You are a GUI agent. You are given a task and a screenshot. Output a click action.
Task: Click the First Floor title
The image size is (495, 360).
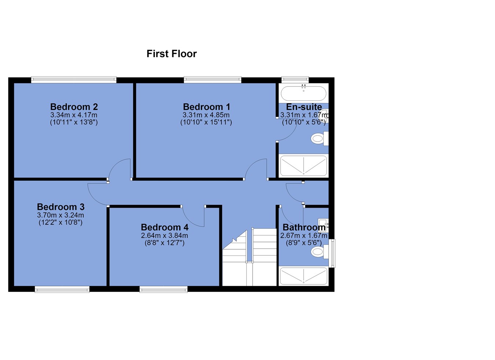(x=172, y=54)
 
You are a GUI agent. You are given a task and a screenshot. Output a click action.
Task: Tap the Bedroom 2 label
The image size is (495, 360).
(x=74, y=107)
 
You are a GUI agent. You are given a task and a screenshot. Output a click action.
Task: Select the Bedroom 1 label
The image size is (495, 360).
(x=206, y=107)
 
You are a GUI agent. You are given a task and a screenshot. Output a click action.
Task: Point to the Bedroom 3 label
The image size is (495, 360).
(x=60, y=207)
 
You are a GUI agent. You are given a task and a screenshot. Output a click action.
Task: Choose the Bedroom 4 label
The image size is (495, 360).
(x=165, y=227)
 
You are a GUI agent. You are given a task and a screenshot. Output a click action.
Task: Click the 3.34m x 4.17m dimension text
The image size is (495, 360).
(x=74, y=115)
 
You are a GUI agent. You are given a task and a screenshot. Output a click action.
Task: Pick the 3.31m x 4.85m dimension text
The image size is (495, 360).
(x=206, y=115)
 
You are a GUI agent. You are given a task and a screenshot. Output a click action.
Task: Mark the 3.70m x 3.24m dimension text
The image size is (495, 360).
(x=60, y=215)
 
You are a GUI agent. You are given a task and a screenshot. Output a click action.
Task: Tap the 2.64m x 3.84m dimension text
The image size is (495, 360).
(x=165, y=235)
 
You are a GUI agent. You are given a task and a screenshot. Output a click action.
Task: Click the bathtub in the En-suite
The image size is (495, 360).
(x=303, y=93)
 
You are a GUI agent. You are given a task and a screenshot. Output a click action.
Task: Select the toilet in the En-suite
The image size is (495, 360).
(x=319, y=139)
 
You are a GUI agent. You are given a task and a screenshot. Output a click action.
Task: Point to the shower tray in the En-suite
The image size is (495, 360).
(x=303, y=166)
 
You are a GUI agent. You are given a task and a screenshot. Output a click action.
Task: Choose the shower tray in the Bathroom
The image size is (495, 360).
(x=303, y=276)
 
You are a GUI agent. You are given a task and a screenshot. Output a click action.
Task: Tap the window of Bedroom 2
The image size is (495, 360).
(x=74, y=80)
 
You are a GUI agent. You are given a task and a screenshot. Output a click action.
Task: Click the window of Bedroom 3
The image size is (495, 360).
(x=62, y=289)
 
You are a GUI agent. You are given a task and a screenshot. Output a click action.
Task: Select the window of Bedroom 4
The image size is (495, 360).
(x=164, y=289)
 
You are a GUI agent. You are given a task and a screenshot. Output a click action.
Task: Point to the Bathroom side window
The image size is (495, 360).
(x=332, y=253)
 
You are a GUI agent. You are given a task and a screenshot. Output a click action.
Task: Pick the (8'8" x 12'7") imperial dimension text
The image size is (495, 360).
(x=165, y=243)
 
